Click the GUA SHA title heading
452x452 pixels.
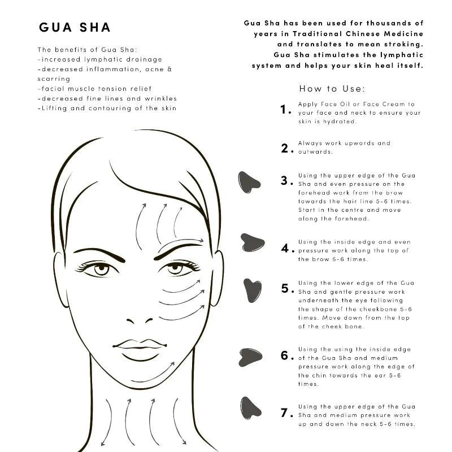pyautogui.click(x=75, y=28)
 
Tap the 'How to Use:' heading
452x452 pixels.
pyautogui.click(x=332, y=89)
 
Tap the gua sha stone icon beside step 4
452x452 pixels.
pyautogui.click(x=252, y=242)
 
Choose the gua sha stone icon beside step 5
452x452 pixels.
pyautogui.click(x=252, y=290)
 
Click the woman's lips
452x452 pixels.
pyautogui.click(x=139, y=346)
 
